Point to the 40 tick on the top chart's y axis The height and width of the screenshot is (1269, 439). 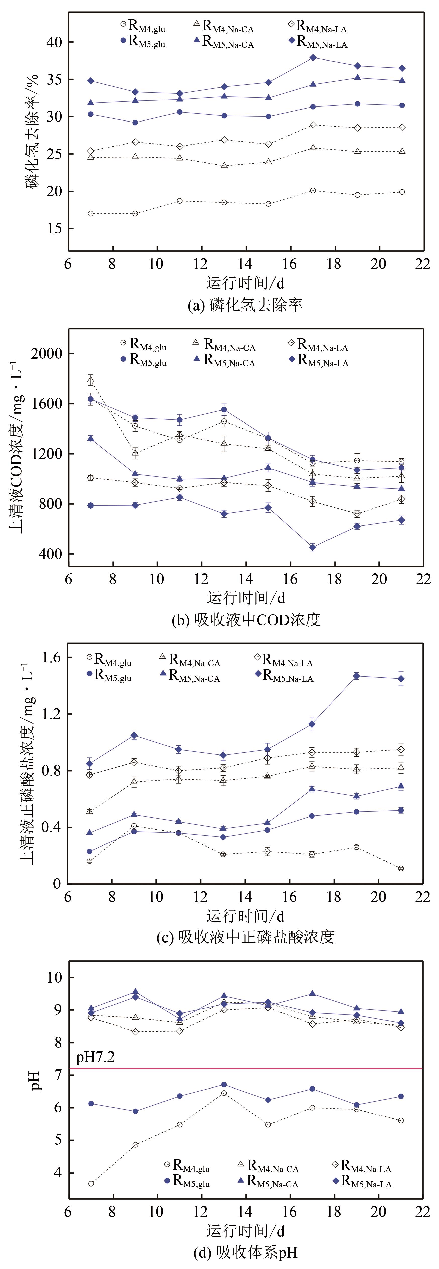click(x=54, y=42)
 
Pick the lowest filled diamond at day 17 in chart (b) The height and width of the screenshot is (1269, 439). click(x=312, y=547)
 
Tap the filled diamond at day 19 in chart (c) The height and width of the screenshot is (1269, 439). click(x=356, y=676)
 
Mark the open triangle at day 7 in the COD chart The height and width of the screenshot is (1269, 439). click(x=91, y=380)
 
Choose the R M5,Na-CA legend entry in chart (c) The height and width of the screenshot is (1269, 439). click(x=190, y=676)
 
